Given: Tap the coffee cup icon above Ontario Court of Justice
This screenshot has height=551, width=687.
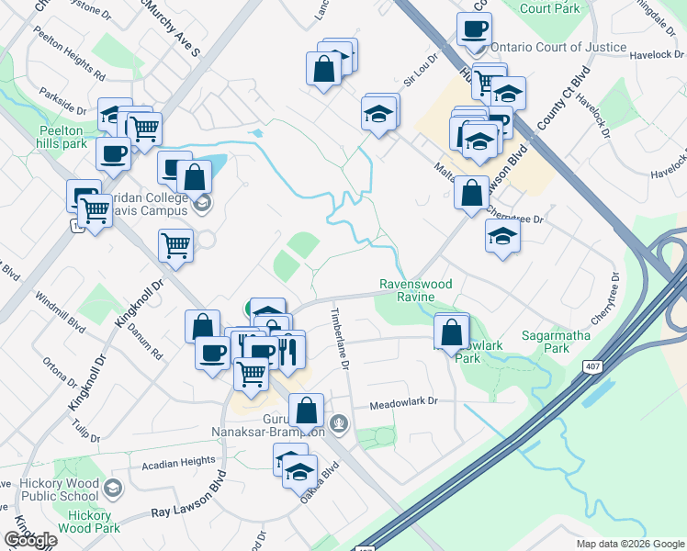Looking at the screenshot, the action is click(475, 28).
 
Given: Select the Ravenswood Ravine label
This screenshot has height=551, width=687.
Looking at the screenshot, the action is click(417, 290).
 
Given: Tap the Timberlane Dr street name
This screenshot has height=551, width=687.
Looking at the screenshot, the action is click(337, 339).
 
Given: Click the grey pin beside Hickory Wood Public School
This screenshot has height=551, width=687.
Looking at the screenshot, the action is click(113, 486).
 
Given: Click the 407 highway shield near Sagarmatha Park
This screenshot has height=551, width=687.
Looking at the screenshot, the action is click(591, 366).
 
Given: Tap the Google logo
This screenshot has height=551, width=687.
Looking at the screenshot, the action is click(30, 540).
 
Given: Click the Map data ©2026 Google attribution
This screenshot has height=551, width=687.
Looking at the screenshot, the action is click(629, 543).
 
